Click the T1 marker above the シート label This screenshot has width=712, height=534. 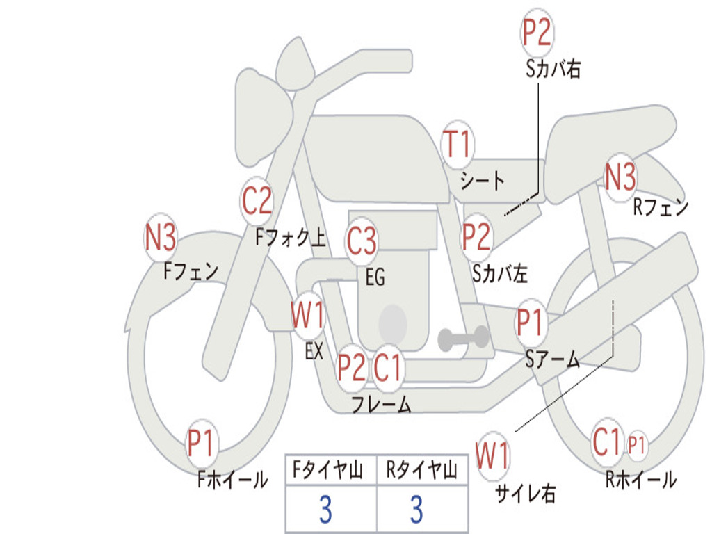pyautogui.click(x=457, y=145)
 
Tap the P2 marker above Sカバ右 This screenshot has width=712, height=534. pyautogui.click(x=537, y=32)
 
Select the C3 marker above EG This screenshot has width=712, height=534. pyautogui.click(x=362, y=241)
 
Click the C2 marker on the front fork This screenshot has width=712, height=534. pyautogui.click(x=257, y=201)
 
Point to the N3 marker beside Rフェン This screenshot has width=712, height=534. pyautogui.click(x=620, y=177)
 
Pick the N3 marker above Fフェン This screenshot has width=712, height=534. pyautogui.click(x=161, y=238)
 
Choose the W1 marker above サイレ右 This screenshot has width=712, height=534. pyautogui.click(x=492, y=457)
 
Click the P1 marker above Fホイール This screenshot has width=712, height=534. pyautogui.click(x=201, y=444)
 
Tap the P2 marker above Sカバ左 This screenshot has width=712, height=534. pyautogui.click(x=477, y=237)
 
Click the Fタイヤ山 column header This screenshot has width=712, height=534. pyautogui.click(x=330, y=471)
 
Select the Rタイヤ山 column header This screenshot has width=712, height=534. pyautogui.click(x=421, y=471)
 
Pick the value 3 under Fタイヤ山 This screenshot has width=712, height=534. pyautogui.click(x=325, y=510)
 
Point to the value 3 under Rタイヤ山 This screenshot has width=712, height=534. pyautogui.click(x=416, y=510)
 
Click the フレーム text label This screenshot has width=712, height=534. pyautogui.click(x=381, y=404)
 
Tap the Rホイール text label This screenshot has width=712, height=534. pyautogui.click(x=640, y=480)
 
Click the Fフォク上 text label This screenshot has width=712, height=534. pyautogui.click(x=291, y=238)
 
